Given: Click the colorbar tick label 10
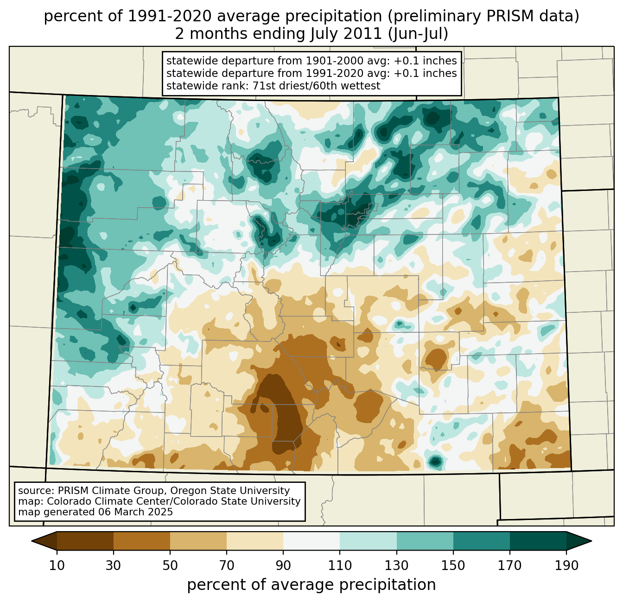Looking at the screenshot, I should point(57,566).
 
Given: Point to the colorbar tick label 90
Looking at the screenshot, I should point(283,566).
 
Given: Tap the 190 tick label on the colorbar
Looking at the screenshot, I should point(566,566).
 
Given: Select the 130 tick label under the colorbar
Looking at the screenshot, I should point(397,566).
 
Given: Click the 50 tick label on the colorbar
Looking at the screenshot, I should point(170,566).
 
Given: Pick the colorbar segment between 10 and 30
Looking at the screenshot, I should point(85,541).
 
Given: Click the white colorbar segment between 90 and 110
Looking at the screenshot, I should point(311,541).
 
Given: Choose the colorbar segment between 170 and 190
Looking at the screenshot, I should point(538,541).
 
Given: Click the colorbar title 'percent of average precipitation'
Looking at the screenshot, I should point(311,585).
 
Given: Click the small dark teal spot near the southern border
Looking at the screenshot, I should point(435,461).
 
